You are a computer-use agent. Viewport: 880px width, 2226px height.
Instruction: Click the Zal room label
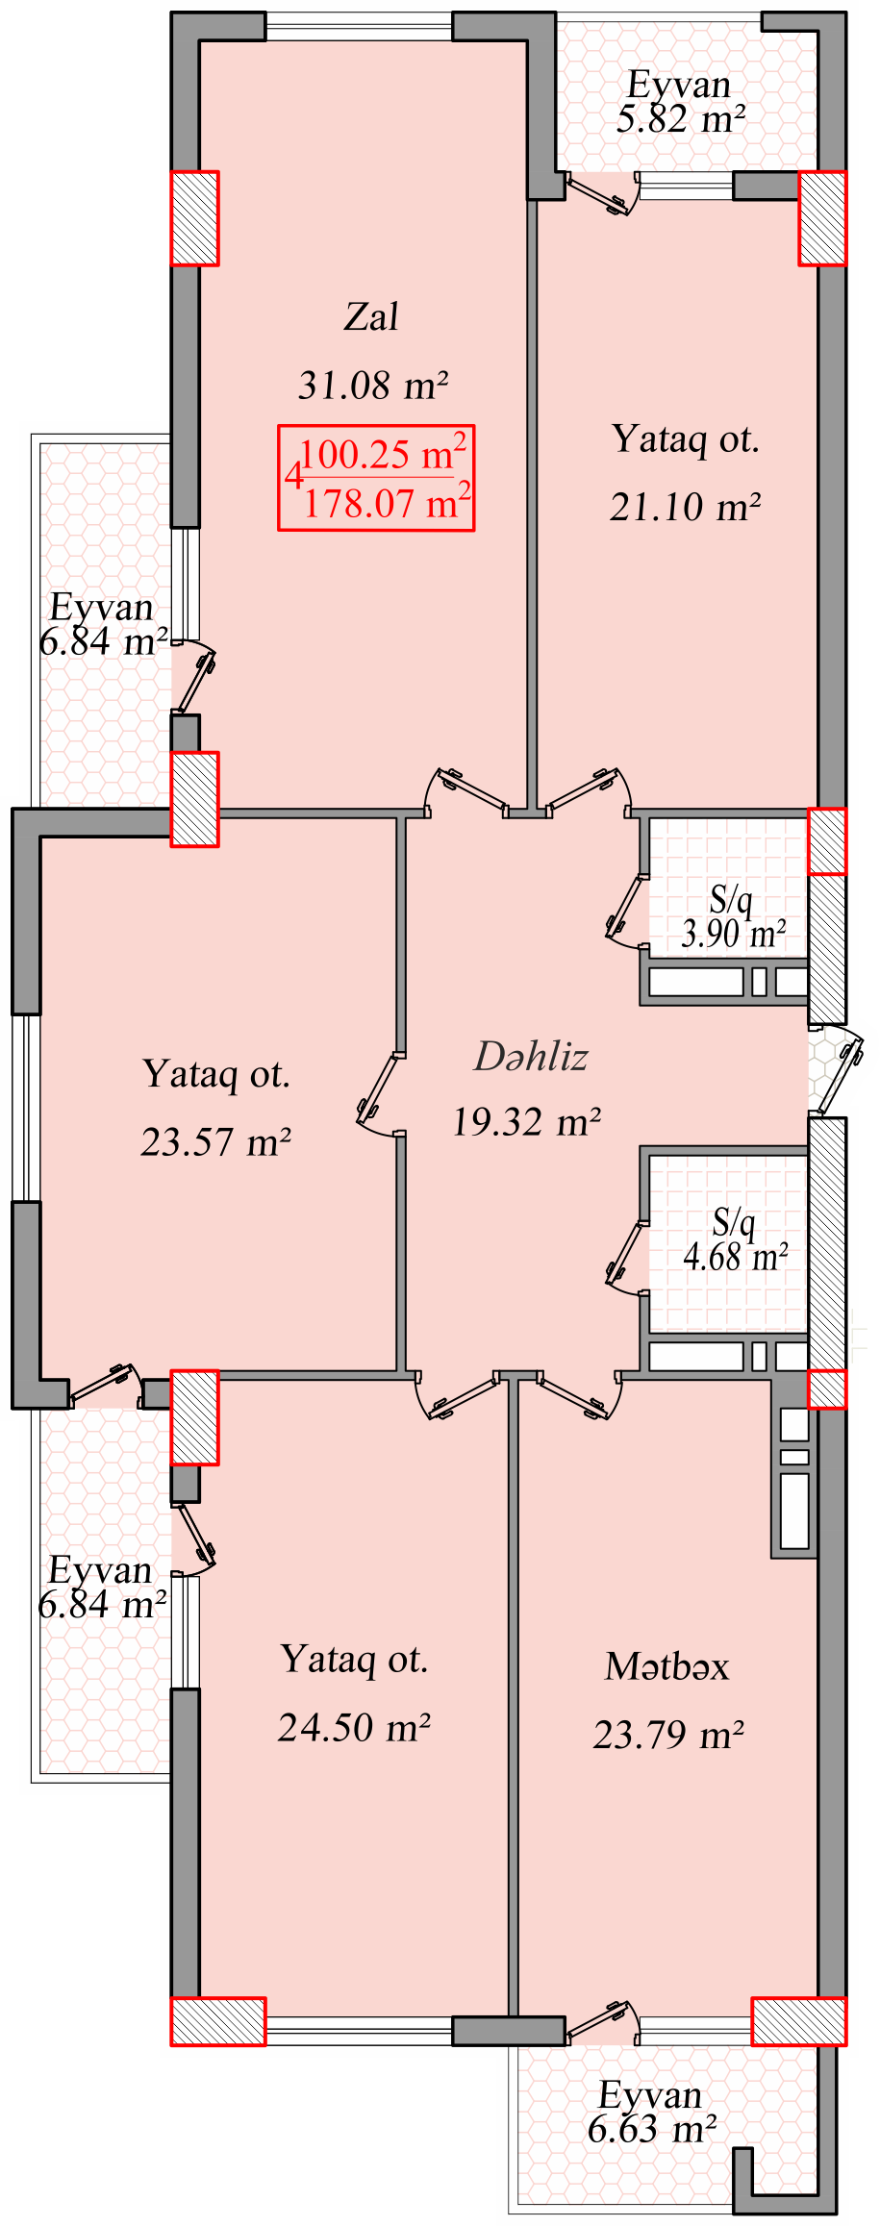pyautogui.click(x=371, y=316)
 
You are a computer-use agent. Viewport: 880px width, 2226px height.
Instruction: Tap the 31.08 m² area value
pyautogui.click(x=373, y=386)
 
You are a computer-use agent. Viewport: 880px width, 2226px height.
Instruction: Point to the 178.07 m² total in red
pyautogui.click(x=387, y=503)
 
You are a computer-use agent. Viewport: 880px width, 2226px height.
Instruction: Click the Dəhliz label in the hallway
pyautogui.click(x=531, y=1056)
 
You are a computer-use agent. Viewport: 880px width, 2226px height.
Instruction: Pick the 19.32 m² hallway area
pyautogui.click(x=527, y=1121)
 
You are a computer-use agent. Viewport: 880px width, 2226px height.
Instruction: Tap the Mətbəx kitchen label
pyautogui.click(x=666, y=1666)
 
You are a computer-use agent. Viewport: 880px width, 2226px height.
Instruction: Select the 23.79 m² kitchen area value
pyautogui.click(x=668, y=1735)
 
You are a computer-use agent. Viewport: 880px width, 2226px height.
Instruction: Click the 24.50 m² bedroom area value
pyautogui.click(x=354, y=1727)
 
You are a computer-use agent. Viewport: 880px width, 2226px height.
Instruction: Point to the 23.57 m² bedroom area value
pyautogui.click(x=216, y=1141)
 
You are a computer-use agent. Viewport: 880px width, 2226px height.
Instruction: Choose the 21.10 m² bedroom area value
pyautogui.click(x=686, y=507)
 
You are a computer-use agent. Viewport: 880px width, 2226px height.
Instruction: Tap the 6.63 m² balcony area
pyautogui.click(x=652, y=2130)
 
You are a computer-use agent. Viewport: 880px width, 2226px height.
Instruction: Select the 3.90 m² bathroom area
pyautogui.click(x=734, y=933)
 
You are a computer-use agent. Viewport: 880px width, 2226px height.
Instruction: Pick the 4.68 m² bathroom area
pyautogui.click(x=737, y=1256)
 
